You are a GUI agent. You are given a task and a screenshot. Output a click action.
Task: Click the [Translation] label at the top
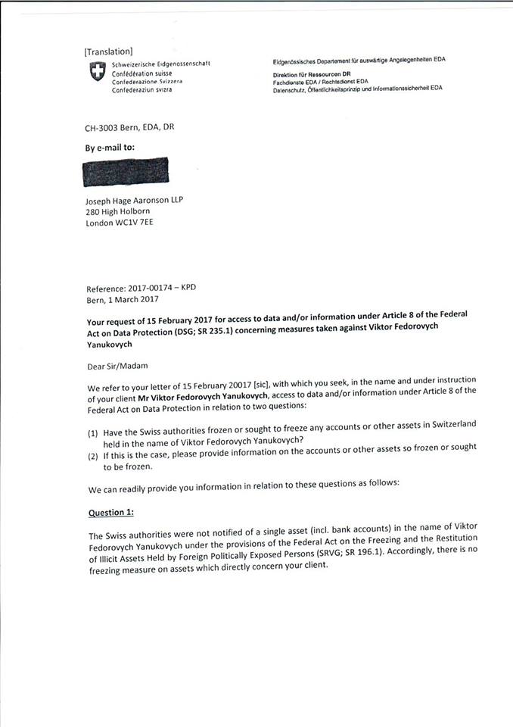(x=108, y=51)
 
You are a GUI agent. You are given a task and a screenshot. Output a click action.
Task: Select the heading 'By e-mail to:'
(x=109, y=148)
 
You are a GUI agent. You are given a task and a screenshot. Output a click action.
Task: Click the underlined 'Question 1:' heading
(x=111, y=512)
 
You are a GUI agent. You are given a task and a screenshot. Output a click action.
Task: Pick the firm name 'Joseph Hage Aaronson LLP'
(x=134, y=200)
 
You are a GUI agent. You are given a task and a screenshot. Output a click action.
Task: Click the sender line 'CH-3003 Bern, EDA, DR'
(x=129, y=126)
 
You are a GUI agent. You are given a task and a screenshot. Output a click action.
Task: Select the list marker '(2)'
(x=93, y=456)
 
